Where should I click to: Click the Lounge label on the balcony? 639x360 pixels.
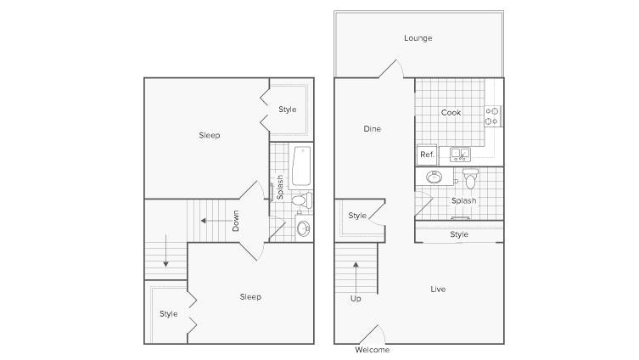418,38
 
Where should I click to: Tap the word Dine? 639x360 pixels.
372,129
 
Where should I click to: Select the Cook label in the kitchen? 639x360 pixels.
451,113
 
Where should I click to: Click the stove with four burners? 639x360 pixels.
492,115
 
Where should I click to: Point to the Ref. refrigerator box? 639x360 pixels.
427,155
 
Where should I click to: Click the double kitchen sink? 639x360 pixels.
460,155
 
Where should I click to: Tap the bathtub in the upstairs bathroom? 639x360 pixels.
301,166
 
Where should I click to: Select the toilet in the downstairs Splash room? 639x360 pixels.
470,178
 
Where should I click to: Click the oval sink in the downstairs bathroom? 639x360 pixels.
434,177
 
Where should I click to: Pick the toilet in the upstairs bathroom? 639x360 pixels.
301,200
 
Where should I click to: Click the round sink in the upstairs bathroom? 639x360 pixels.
304,228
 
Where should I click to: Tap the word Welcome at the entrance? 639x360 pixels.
372,350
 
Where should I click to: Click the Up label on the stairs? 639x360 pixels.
356,299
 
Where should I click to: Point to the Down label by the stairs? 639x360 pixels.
236,221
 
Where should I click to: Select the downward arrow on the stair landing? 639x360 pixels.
165,250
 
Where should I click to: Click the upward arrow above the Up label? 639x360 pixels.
356,278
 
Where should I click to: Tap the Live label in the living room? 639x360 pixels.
438,289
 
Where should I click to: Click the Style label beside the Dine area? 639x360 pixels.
357,216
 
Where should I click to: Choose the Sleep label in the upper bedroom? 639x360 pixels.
210,135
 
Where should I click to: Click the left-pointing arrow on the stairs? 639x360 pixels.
216,221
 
